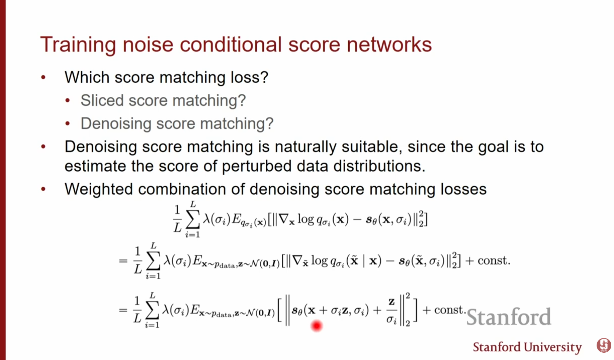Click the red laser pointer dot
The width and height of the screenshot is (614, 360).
pos(316,326)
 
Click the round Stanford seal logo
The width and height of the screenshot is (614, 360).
pos(604,345)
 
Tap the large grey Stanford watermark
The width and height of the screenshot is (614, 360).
pos(509,317)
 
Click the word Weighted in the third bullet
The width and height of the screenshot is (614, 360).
pos(99,189)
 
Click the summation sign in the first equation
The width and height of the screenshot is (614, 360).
pos(193,219)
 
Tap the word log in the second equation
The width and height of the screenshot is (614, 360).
pos(319,260)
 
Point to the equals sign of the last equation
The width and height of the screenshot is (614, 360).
pos(123,310)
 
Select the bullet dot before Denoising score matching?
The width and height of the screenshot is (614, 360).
pos(68,123)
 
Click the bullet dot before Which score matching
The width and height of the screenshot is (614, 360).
pos(43,78)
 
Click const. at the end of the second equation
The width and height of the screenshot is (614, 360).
pos(494,260)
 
